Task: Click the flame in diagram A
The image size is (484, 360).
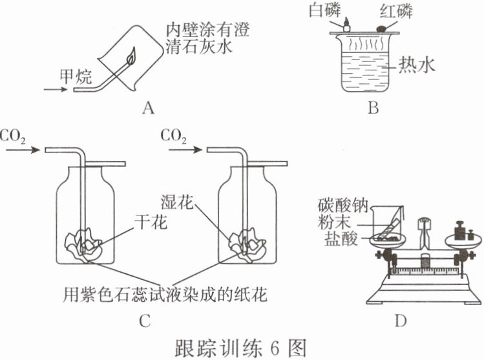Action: pyautogui.click(x=132, y=57)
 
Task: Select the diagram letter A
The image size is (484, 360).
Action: pyautogui.click(x=149, y=108)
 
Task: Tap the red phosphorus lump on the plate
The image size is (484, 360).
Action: pyautogui.click(x=381, y=27)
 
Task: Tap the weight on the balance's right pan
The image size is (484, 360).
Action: pyautogui.click(x=461, y=230)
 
